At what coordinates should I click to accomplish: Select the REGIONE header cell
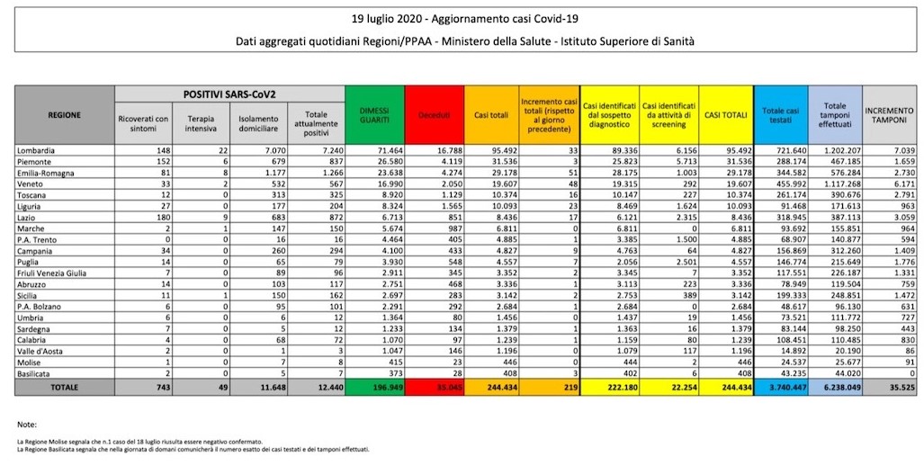coord(65,115)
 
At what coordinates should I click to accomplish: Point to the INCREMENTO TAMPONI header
coord(890,115)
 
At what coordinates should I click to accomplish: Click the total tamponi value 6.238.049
coord(836,387)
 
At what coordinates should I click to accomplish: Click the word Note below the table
coord(27,423)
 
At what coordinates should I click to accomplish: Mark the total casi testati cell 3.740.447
coord(779,387)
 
